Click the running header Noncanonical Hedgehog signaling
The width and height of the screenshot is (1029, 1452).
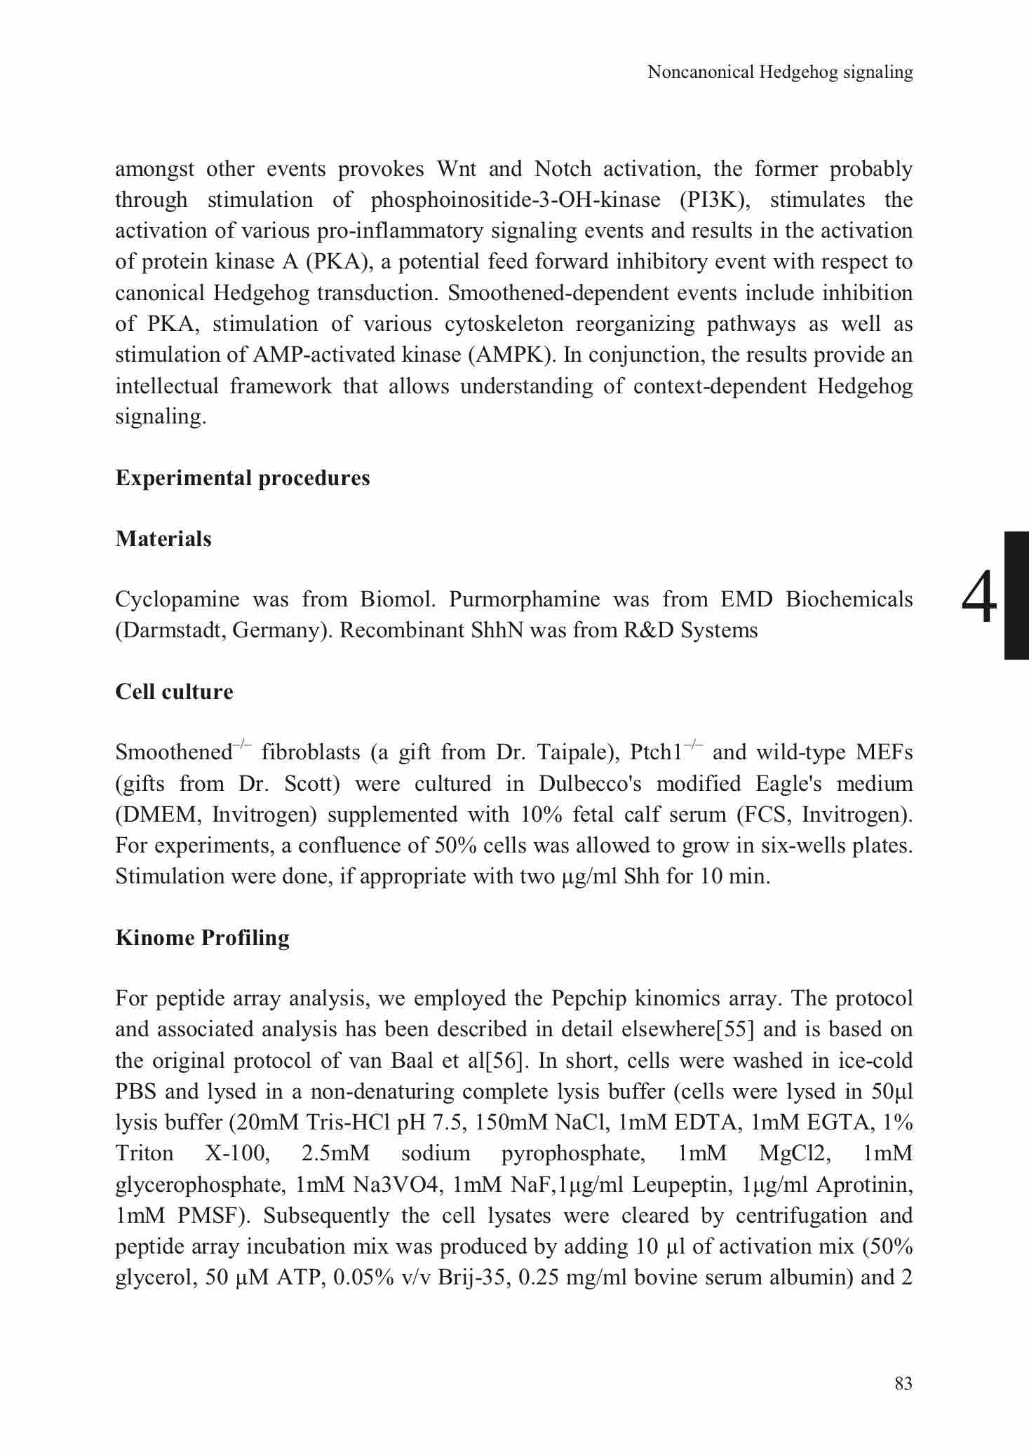(780, 72)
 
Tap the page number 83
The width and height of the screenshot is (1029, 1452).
(903, 1383)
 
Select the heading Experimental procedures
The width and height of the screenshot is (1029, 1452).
(243, 478)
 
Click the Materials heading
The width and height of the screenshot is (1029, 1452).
(163, 538)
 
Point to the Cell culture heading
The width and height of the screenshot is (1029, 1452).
(174, 691)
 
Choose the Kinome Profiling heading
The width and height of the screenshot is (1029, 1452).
(202, 937)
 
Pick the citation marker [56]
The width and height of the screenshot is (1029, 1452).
(508, 1060)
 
